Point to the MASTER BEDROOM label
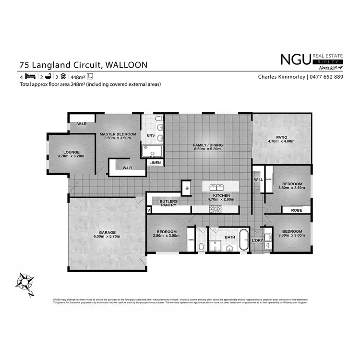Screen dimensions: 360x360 pos(118,134)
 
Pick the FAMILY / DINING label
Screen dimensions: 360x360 pos(208,145)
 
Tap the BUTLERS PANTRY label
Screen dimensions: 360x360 pos(168,203)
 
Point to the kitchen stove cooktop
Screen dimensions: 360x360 pos(214,209)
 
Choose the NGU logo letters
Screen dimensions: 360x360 pos(295,60)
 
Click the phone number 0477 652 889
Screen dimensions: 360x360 pos(326,77)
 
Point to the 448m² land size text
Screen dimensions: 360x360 pos(77,77)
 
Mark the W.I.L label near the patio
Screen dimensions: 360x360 pos(258,180)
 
